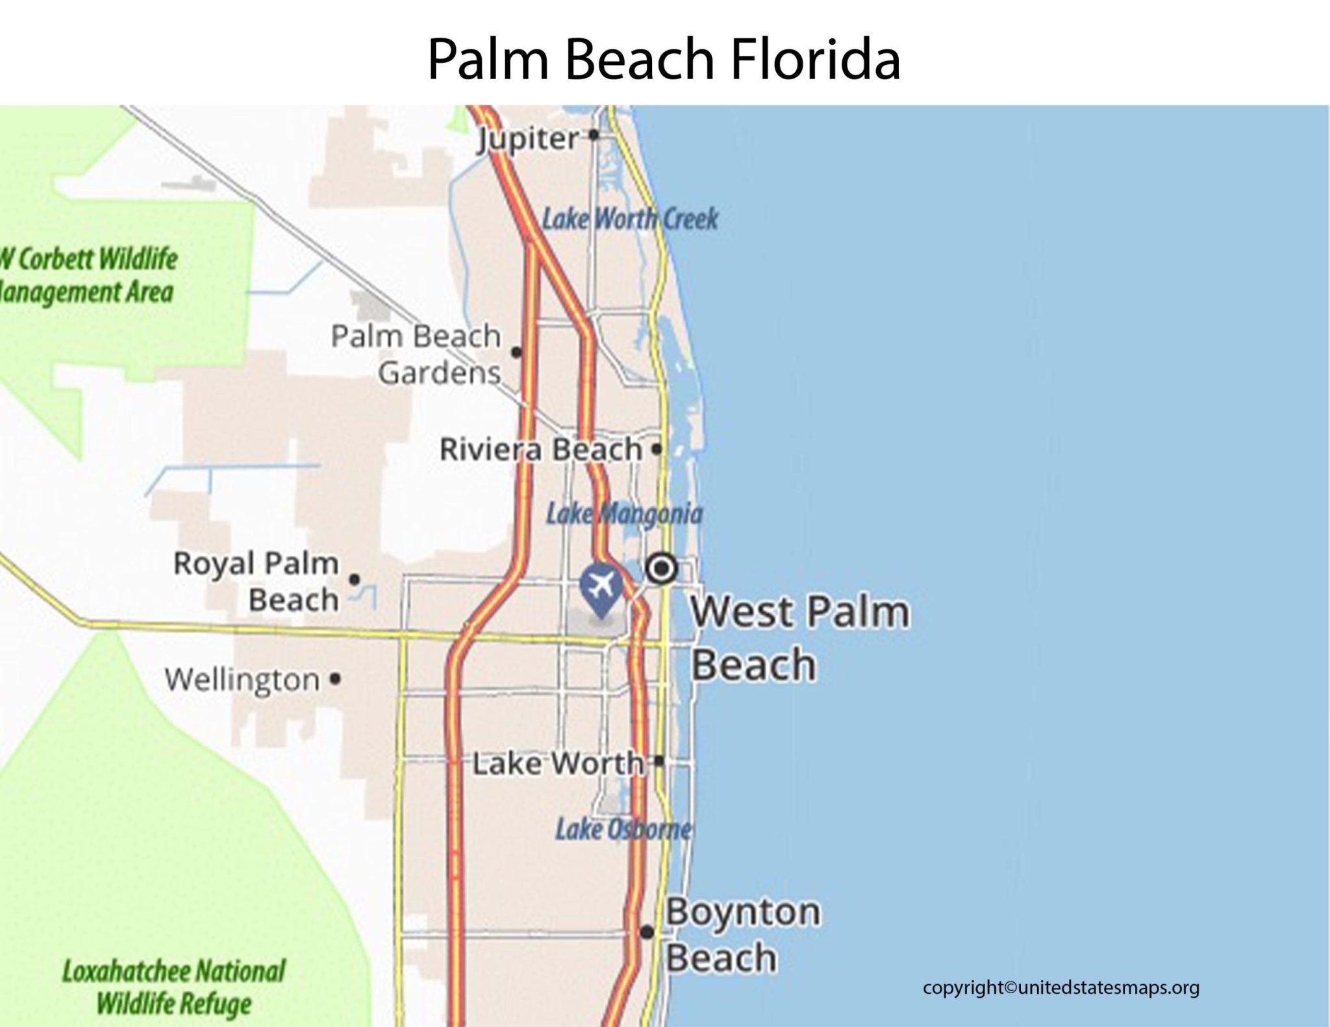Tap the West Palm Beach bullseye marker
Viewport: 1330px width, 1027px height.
[662, 569]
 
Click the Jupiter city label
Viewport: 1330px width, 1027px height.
[528, 139]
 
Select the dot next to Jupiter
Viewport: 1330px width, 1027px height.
[593, 135]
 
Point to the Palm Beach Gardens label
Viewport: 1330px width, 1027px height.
[417, 354]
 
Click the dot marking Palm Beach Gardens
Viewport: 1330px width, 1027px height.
[516, 352]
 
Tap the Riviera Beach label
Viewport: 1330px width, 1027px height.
[541, 449]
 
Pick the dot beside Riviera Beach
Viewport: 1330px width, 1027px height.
[657, 449]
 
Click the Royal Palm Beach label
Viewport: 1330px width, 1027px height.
[257, 581]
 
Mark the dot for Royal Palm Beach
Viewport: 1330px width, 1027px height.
[354, 578]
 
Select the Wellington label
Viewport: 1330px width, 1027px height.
[242, 680]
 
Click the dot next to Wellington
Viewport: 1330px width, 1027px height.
[335, 679]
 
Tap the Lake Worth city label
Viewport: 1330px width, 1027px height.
[557, 763]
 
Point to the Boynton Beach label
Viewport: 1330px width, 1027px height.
[742, 934]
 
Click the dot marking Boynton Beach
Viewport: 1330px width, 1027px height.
[647, 932]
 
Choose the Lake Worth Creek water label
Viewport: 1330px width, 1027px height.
[630, 219]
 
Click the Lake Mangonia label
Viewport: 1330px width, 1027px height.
[624, 514]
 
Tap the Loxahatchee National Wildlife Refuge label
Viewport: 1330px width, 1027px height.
[173, 987]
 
